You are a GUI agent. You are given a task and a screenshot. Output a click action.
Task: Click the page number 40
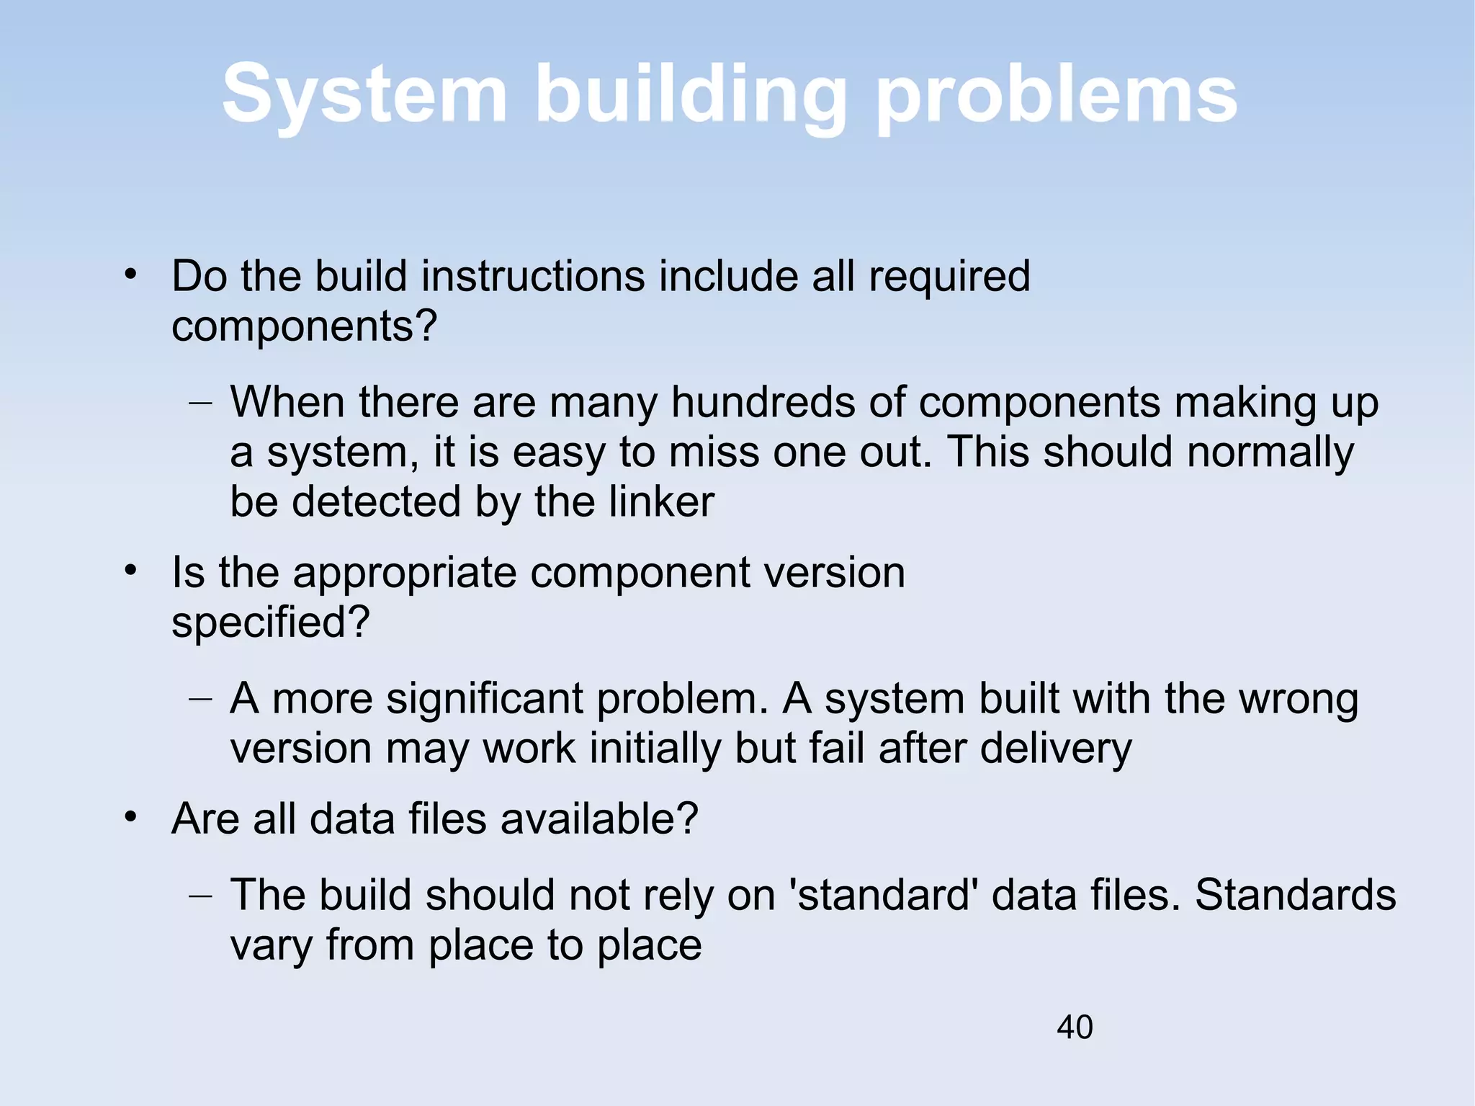1075,1027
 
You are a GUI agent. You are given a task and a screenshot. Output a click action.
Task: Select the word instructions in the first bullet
533,276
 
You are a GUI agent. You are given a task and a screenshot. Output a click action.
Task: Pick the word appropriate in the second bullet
405,573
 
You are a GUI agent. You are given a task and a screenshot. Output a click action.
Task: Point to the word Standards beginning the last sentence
1295,896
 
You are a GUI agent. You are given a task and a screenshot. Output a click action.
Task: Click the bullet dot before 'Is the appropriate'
130,571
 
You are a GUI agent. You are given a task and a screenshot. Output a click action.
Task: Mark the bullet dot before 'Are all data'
130,818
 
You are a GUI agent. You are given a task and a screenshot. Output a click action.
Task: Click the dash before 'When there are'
200,403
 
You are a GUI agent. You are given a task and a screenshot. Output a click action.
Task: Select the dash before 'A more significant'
200,700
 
